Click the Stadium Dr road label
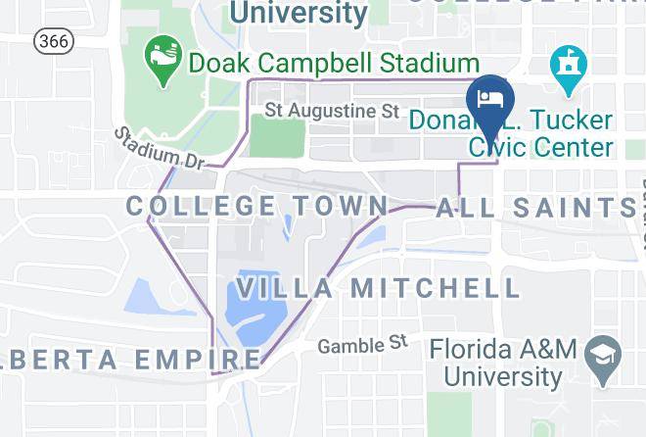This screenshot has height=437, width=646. click(161, 148)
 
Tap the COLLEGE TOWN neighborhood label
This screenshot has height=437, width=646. click(257, 206)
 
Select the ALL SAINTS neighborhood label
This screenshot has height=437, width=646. click(534, 208)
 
